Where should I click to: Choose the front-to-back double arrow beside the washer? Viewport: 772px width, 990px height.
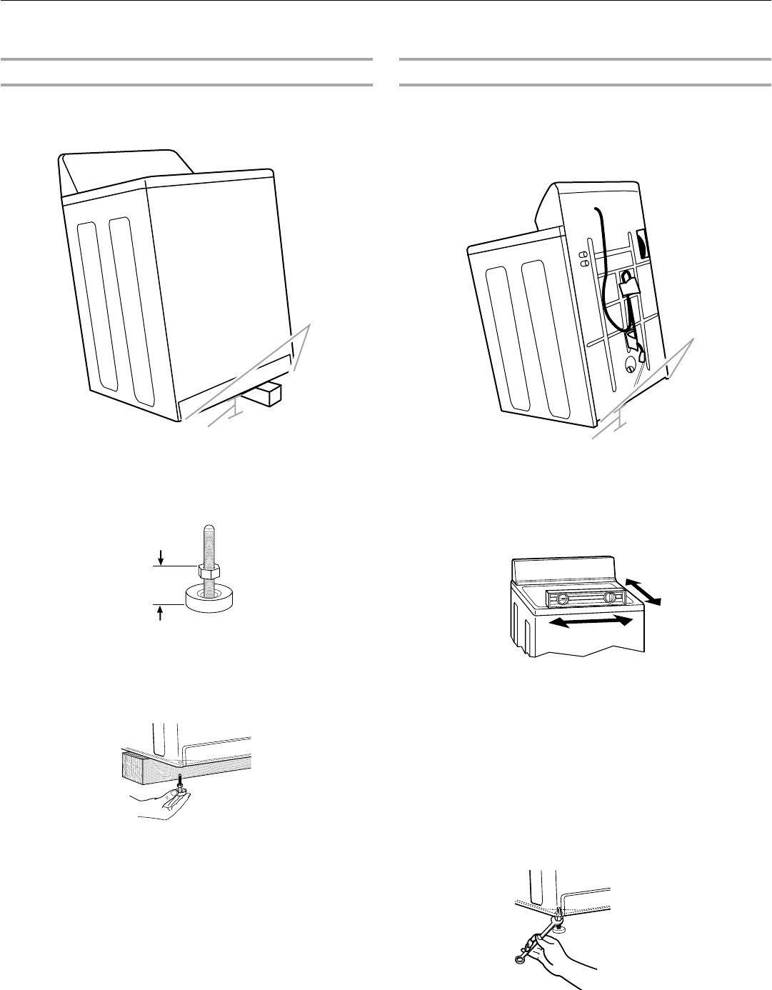(x=644, y=590)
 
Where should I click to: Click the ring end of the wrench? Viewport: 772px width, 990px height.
(x=519, y=959)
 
